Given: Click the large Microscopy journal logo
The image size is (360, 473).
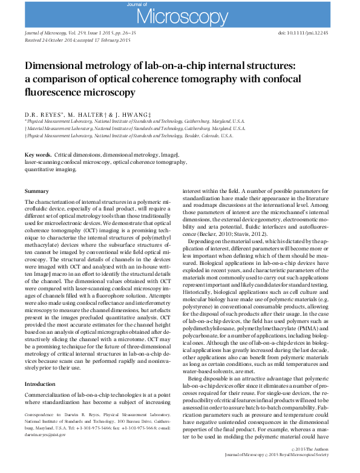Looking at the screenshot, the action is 180,14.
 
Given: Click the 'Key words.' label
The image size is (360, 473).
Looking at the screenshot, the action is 38,155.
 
